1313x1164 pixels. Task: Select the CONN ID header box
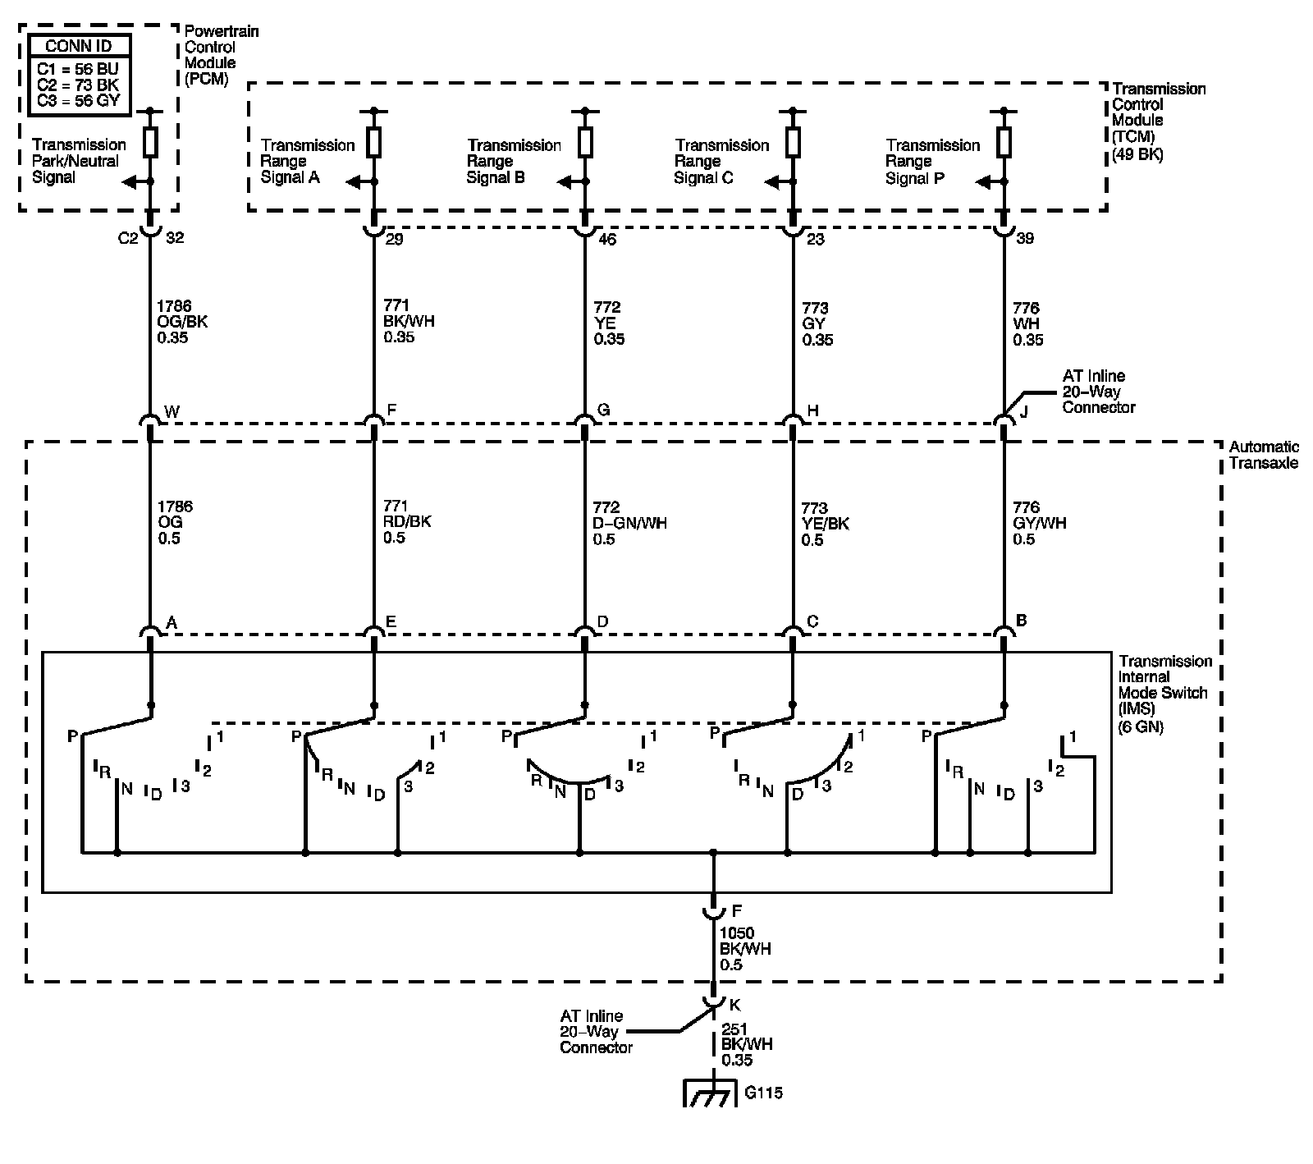[79, 46]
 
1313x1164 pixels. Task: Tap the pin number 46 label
[608, 238]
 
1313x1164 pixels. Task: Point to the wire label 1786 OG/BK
[182, 322]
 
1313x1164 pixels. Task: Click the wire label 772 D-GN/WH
[629, 523]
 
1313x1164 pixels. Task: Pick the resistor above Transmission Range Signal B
[584, 142]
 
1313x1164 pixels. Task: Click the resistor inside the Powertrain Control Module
[150, 142]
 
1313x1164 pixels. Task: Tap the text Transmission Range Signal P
[933, 162]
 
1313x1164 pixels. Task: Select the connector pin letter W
[172, 410]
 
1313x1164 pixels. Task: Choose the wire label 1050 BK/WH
[745, 949]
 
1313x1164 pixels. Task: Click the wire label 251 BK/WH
[747, 1045]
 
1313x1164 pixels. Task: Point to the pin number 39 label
[1025, 238]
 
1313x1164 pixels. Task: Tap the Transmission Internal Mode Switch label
[1164, 693]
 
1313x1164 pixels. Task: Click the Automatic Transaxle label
[1264, 455]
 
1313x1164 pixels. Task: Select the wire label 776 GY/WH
[1040, 523]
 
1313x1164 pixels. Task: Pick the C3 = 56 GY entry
[79, 101]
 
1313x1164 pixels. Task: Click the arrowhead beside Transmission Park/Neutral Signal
[129, 182]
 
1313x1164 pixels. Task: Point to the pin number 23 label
[814, 238]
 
